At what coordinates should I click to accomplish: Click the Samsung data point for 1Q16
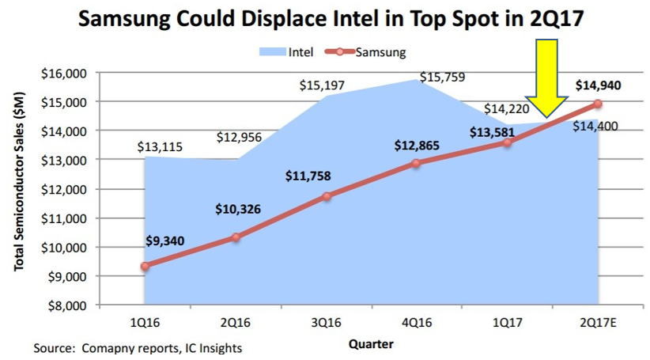point(145,266)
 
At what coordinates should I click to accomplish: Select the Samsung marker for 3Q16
point(327,195)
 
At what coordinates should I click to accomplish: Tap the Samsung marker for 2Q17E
point(598,104)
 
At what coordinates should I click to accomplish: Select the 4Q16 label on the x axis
point(417,323)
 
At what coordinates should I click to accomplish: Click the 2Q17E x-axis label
point(598,323)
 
